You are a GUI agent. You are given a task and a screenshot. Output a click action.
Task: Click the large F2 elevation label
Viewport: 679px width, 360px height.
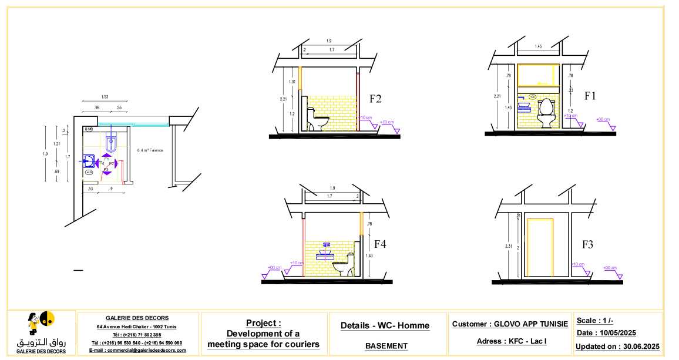point(376,99)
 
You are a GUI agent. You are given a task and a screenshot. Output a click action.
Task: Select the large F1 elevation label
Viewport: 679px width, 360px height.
point(590,96)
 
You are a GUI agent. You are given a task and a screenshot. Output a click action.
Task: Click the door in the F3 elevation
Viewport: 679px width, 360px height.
point(540,248)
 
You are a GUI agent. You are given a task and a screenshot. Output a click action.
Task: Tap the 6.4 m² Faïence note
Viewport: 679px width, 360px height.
point(150,150)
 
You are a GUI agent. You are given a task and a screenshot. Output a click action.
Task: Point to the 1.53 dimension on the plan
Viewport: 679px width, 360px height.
point(105,96)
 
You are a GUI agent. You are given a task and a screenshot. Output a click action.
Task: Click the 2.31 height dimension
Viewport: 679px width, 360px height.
point(508,246)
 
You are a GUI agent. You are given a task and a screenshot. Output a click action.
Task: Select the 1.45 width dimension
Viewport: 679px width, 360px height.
point(538,46)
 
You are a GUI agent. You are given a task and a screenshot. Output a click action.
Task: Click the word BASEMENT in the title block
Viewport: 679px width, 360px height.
point(386,346)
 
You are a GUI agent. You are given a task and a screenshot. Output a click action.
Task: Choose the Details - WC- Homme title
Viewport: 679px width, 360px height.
point(385,325)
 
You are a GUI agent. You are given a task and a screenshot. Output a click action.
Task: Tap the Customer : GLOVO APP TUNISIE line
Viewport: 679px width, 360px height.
point(510,324)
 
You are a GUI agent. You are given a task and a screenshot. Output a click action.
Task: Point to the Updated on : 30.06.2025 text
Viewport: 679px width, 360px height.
point(617,346)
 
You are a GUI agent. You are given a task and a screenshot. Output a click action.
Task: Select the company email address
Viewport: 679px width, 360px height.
point(137,350)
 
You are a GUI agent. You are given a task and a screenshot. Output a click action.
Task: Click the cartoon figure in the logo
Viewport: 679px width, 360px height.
point(34,323)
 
